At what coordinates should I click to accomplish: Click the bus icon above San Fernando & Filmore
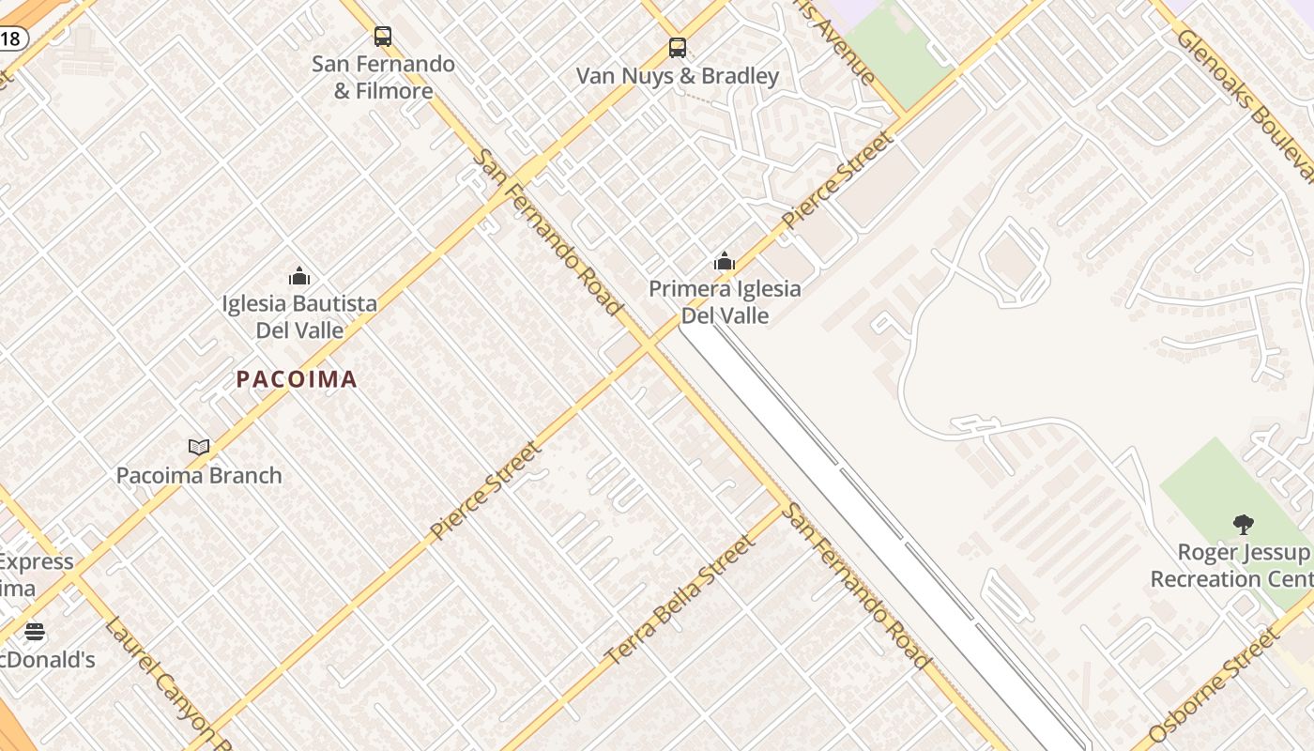pos(383,37)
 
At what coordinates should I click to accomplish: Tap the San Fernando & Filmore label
pos(383,78)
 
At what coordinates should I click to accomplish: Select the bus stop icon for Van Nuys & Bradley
pos(678,48)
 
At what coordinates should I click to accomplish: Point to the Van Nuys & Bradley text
pos(678,76)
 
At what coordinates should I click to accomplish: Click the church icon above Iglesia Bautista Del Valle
pos(299,276)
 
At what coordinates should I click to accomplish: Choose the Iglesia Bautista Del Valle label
pos(299,317)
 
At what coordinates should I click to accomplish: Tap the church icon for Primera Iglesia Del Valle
pos(725,261)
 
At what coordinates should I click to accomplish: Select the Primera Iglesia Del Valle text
pos(725,302)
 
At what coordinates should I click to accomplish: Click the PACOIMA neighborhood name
pos(297,379)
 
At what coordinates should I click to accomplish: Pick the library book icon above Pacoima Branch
pos(199,448)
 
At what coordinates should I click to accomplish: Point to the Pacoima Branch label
pos(199,476)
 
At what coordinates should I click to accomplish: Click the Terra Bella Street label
pos(680,601)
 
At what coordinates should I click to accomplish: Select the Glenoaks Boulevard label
pos(1244,103)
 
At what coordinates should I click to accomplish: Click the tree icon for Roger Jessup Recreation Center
pos(1244,525)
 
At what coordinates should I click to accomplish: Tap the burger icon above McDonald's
pos(35,632)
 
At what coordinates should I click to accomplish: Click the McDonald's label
pos(47,660)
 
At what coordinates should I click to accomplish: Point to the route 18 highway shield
pos(10,38)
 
